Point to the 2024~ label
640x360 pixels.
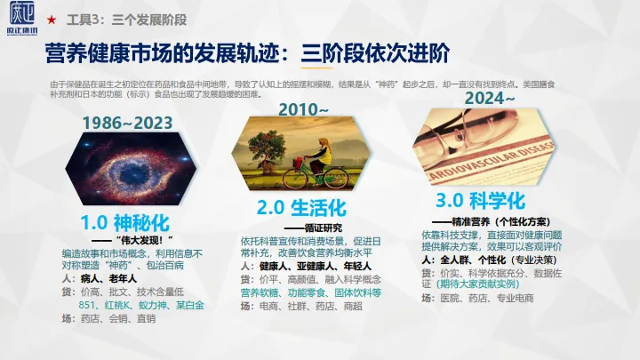pyautogui.click(x=490, y=98)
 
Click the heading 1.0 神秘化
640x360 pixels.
pyautogui.click(x=124, y=220)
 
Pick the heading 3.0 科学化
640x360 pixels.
pyautogui.click(x=480, y=198)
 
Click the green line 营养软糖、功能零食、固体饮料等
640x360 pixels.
pyautogui.click(x=311, y=292)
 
